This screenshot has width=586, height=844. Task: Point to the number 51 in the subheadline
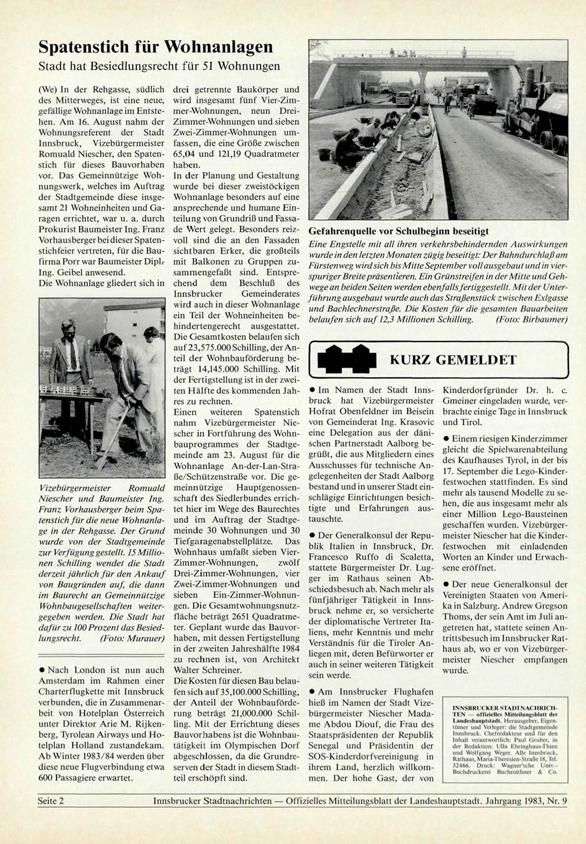point(208,66)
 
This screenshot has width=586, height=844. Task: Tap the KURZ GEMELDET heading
point(453,360)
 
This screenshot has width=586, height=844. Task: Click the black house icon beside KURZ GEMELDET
point(347,359)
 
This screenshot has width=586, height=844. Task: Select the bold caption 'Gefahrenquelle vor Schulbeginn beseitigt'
point(398,231)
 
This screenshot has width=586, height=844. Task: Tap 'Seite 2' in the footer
point(51,801)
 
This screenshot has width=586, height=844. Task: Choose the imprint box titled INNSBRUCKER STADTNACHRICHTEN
point(505,739)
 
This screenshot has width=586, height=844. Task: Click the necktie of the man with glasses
point(73,354)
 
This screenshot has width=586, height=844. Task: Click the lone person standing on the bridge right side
point(464,52)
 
